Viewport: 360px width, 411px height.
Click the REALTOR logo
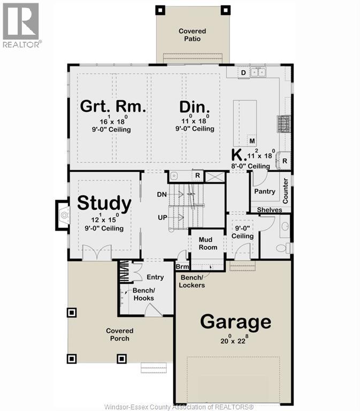coord(21,26)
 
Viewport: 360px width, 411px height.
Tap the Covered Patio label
coord(193,35)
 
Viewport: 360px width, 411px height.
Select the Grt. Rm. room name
coord(113,106)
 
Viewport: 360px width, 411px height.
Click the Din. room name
coord(194,107)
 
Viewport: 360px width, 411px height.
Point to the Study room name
coord(104,203)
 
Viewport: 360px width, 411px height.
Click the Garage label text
coord(235,322)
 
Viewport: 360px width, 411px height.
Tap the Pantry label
coord(265,192)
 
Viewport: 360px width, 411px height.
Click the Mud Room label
coord(208,243)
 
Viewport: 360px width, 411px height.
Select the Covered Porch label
coord(120,334)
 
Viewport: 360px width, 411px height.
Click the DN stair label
coord(162,194)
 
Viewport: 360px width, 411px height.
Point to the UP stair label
coord(163,217)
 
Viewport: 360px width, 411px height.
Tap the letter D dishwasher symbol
coord(243,73)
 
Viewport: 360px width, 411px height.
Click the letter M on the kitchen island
coord(252,141)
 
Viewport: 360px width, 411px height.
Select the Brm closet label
coord(182,267)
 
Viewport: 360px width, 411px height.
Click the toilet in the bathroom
coord(283,248)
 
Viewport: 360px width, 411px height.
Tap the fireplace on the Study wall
coord(63,215)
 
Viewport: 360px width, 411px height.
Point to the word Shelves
coord(270,210)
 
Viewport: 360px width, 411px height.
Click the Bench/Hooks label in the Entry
coord(143,294)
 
